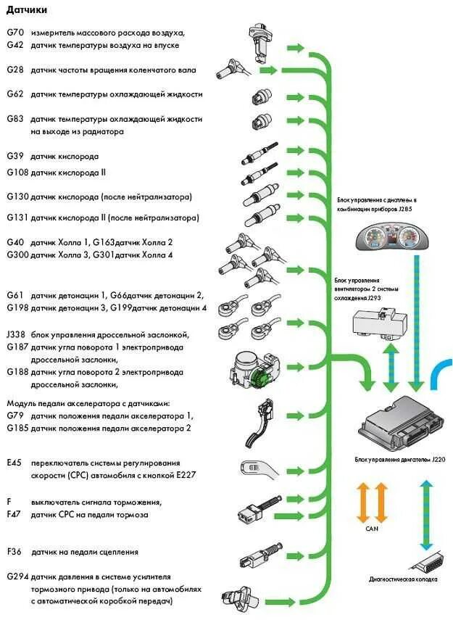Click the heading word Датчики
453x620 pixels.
tap(27, 10)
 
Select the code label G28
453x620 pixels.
tap(14, 70)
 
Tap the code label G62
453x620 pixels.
tap(14, 94)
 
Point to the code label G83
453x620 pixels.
tap(14, 119)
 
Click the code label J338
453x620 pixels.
tap(15, 335)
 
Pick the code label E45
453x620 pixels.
tap(14, 463)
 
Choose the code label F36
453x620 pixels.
tap(14, 552)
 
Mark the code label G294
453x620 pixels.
tap(17, 576)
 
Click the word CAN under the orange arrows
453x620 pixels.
tap(371, 529)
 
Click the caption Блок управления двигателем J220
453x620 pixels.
tap(399, 460)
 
